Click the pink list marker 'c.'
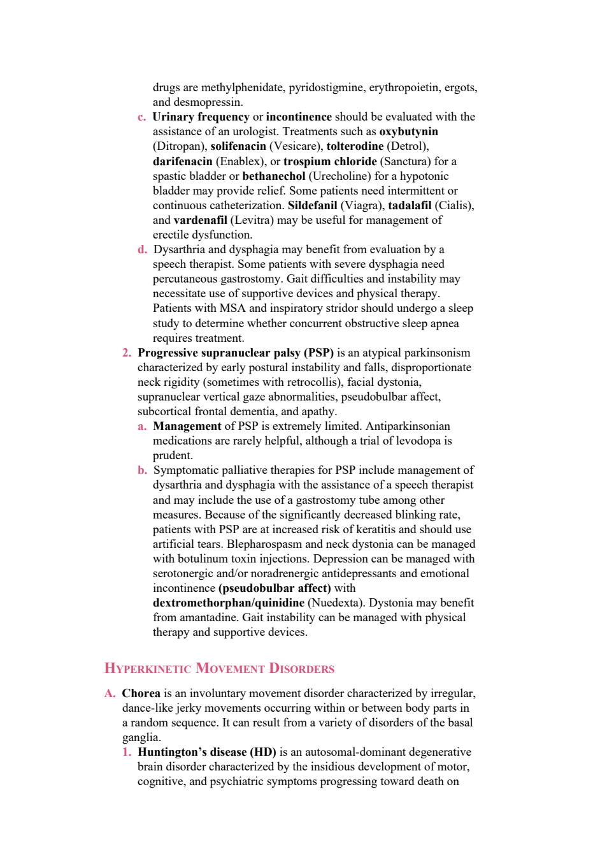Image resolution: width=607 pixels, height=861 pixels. point(141,117)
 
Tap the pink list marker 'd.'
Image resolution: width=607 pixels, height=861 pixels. point(143,250)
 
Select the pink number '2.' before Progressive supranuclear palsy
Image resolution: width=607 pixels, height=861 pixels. point(127,353)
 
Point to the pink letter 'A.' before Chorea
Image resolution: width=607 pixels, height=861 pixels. point(110,693)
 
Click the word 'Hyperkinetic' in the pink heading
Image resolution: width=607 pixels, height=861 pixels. point(148,668)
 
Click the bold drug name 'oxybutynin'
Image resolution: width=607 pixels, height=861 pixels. point(408,132)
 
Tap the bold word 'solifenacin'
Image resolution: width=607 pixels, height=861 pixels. point(238,147)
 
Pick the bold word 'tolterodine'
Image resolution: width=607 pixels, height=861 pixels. point(355,147)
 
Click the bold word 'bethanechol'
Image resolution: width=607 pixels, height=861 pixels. point(274,176)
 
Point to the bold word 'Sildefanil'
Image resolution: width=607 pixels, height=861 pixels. point(313,205)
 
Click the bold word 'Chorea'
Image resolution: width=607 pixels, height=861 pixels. point(141,693)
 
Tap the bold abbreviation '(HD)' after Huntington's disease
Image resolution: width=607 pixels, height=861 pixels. point(263,752)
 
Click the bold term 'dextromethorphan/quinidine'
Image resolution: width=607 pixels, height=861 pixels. point(229,603)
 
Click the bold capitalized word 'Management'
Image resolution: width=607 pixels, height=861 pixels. point(187,426)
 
